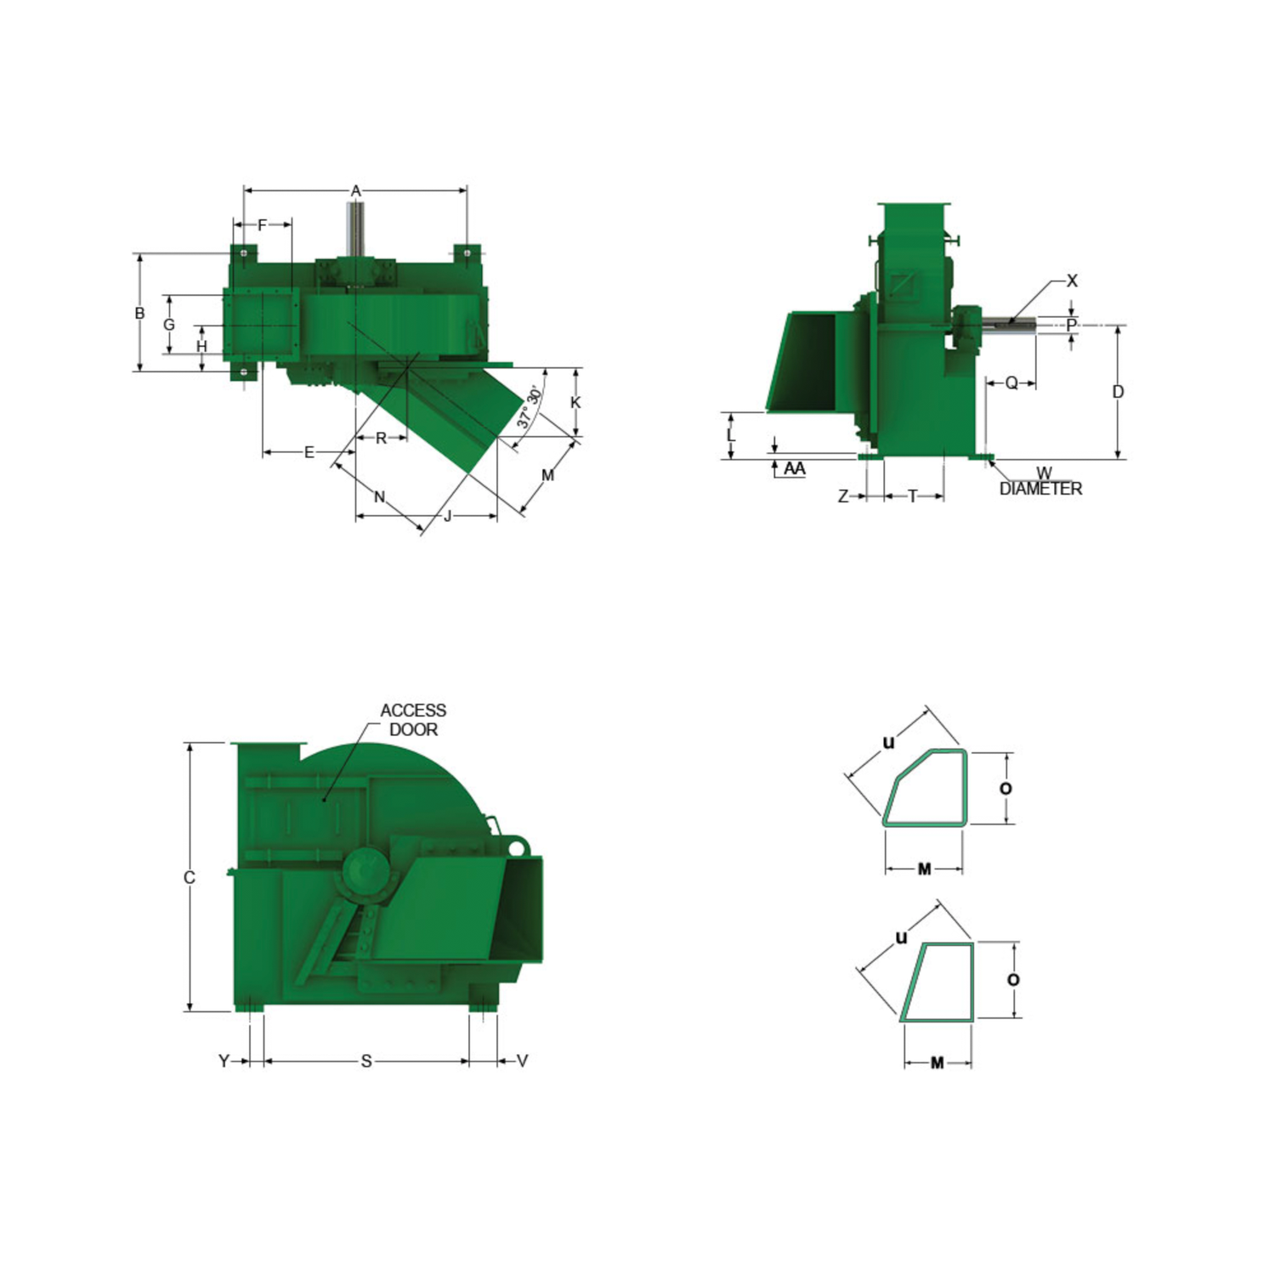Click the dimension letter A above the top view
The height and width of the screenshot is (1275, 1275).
356,191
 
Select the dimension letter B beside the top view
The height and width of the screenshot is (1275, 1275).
139,314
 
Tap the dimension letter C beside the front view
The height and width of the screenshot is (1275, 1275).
190,877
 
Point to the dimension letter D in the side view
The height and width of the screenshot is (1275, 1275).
1118,392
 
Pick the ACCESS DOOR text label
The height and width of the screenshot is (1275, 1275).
413,720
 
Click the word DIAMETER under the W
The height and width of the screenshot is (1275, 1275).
1041,489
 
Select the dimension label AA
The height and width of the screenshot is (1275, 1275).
795,468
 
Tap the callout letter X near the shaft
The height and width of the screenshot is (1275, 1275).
1072,280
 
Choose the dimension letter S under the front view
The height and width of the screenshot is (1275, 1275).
366,1061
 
